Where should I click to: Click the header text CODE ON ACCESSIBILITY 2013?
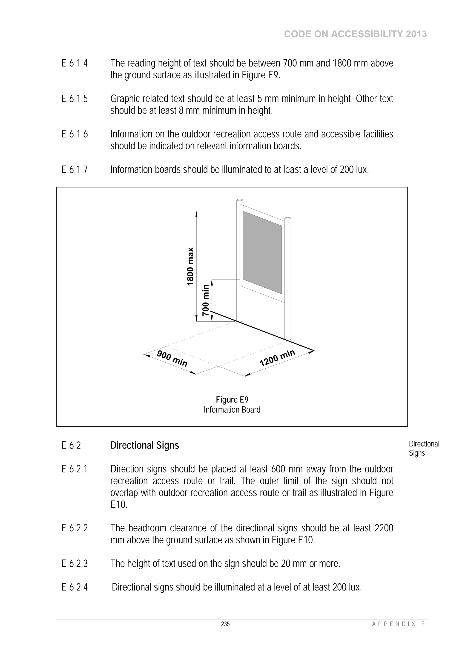point(355,34)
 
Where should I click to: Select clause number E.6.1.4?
point(75,63)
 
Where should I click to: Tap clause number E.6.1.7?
point(75,169)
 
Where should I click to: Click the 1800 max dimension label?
point(190,266)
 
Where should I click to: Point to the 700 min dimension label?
point(206,300)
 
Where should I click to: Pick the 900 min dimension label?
point(172,359)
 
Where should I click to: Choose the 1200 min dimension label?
point(277,358)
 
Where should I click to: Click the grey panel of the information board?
point(262,252)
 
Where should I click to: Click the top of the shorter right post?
point(288,218)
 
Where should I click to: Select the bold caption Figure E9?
point(232,400)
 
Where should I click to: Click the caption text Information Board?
point(232,410)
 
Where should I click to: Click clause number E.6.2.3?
point(75,564)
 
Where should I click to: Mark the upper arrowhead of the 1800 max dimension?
point(196,214)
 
